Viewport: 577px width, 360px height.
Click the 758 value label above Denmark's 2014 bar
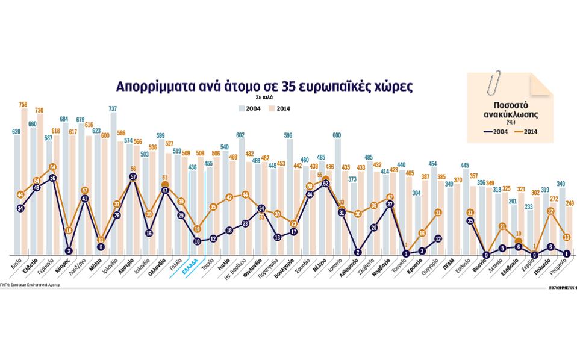[x=23, y=104]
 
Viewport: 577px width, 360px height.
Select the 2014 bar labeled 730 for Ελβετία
[x=40, y=181]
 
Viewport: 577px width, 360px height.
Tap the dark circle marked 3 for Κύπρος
[x=68, y=250]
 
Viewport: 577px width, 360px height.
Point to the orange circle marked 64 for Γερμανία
[x=52, y=167]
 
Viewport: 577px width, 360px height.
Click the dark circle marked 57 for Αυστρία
[x=133, y=176]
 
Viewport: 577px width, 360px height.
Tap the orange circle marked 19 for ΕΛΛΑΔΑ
[x=198, y=229]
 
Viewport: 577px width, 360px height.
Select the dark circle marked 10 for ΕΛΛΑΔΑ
[x=198, y=241]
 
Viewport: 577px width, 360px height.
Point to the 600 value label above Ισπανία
[x=337, y=135]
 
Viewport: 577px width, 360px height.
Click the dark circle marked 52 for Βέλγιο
[x=326, y=183]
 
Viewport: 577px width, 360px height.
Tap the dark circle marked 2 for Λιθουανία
[x=358, y=252]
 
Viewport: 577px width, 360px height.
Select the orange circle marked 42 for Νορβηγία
[x=390, y=197]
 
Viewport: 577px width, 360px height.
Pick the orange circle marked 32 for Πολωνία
[x=550, y=211]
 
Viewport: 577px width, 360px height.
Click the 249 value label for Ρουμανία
[x=570, y=203]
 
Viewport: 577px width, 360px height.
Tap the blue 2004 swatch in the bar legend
[x=241, y=109]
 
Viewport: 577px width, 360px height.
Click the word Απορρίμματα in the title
[x=153, y=86]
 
